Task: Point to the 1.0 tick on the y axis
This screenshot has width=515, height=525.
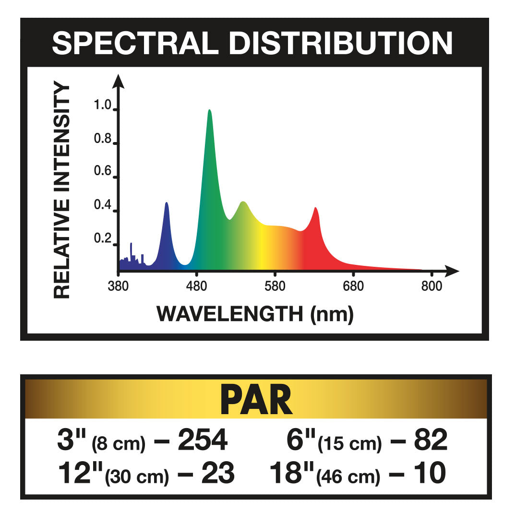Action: [x=103, y=106]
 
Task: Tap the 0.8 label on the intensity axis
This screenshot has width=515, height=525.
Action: [x=103, y=140]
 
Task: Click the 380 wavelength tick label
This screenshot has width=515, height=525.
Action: [x=118, y=286]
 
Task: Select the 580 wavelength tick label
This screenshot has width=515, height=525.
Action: [x=275, y=286]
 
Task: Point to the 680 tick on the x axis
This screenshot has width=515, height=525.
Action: [x=353, y=286]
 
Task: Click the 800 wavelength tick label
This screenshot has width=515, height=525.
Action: [x=431, y=286]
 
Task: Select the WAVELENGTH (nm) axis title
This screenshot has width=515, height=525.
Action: [x=255, y=314]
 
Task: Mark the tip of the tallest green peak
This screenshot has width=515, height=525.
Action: [x=209, y=110]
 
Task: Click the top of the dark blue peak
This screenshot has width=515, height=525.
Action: [x=167, y=203]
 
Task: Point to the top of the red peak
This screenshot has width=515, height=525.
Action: [x=315, y=208]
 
